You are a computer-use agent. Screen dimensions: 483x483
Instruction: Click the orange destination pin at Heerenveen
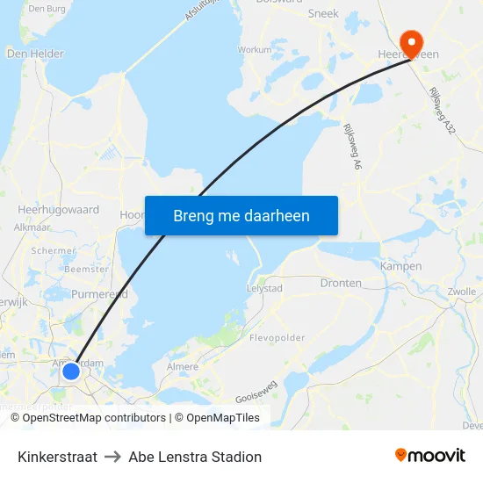click(x=410, y=42)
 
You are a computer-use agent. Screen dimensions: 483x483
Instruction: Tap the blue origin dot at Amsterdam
click(x=71, y=372)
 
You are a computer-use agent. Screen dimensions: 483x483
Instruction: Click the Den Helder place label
click(x=35, y=54)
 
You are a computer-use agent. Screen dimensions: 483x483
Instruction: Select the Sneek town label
click(x=323, y=13)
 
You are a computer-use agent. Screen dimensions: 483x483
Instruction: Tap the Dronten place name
click(x=341, y=283)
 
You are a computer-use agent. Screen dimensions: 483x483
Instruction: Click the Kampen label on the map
click(x=400, y=266)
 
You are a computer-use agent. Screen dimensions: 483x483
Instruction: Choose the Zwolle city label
click(x=462, y=292)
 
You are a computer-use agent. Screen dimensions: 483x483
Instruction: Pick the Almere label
click(x=182, y=366)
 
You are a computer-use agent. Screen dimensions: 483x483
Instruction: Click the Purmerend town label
click(x=99, y=294)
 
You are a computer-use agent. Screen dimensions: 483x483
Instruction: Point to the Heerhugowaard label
click(x=58, y=210)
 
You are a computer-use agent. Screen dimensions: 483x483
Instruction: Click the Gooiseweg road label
click(x=255, y=397)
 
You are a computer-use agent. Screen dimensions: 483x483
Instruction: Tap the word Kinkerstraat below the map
click(x=57, y=457)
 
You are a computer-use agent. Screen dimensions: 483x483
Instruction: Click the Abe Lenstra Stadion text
click(x=195, y=457)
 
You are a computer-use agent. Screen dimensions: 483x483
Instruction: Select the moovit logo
click(x=430, y=455)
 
